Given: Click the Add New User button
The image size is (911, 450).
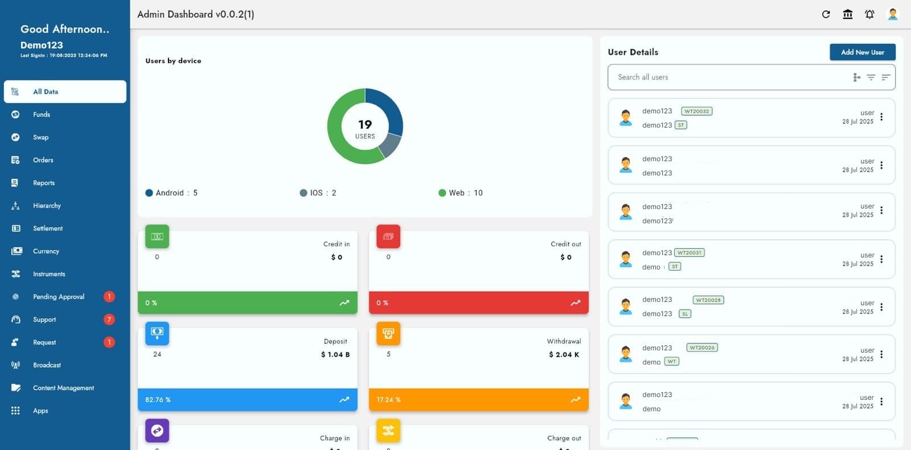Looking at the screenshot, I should tap(862, 52).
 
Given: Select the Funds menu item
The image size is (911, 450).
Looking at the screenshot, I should tap(42, 114).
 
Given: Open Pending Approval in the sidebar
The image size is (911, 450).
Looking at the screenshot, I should tap(58, 297).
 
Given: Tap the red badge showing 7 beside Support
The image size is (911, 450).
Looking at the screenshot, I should tap(109, 320).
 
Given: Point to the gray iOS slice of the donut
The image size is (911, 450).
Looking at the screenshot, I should tap(390, 145).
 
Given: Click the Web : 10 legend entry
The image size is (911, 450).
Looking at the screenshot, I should tap(460, 193).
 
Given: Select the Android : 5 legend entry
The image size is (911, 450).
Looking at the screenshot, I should tap(171, 193).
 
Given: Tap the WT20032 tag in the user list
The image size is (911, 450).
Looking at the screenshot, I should tap(696, 111).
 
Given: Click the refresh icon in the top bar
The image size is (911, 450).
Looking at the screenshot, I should tap(826, 14).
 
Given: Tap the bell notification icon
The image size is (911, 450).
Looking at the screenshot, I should tap(869, 14).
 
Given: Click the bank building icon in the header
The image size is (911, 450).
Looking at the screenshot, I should tap(848, 14).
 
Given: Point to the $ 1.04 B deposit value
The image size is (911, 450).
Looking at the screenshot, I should tap(335, 354).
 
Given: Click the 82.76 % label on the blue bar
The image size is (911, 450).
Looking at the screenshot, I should tap(158, 400).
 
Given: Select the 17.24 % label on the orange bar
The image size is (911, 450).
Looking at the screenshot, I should tap(388, 400).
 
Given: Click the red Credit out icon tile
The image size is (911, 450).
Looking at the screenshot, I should tap(388, 236).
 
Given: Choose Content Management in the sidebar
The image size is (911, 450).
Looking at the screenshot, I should tap(63, 388).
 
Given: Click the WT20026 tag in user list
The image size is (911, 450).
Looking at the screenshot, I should tap(702, 347).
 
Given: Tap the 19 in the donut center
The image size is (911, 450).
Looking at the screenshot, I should tap(365, 124).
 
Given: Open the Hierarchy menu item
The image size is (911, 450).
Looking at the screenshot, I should tap(47, 206).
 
